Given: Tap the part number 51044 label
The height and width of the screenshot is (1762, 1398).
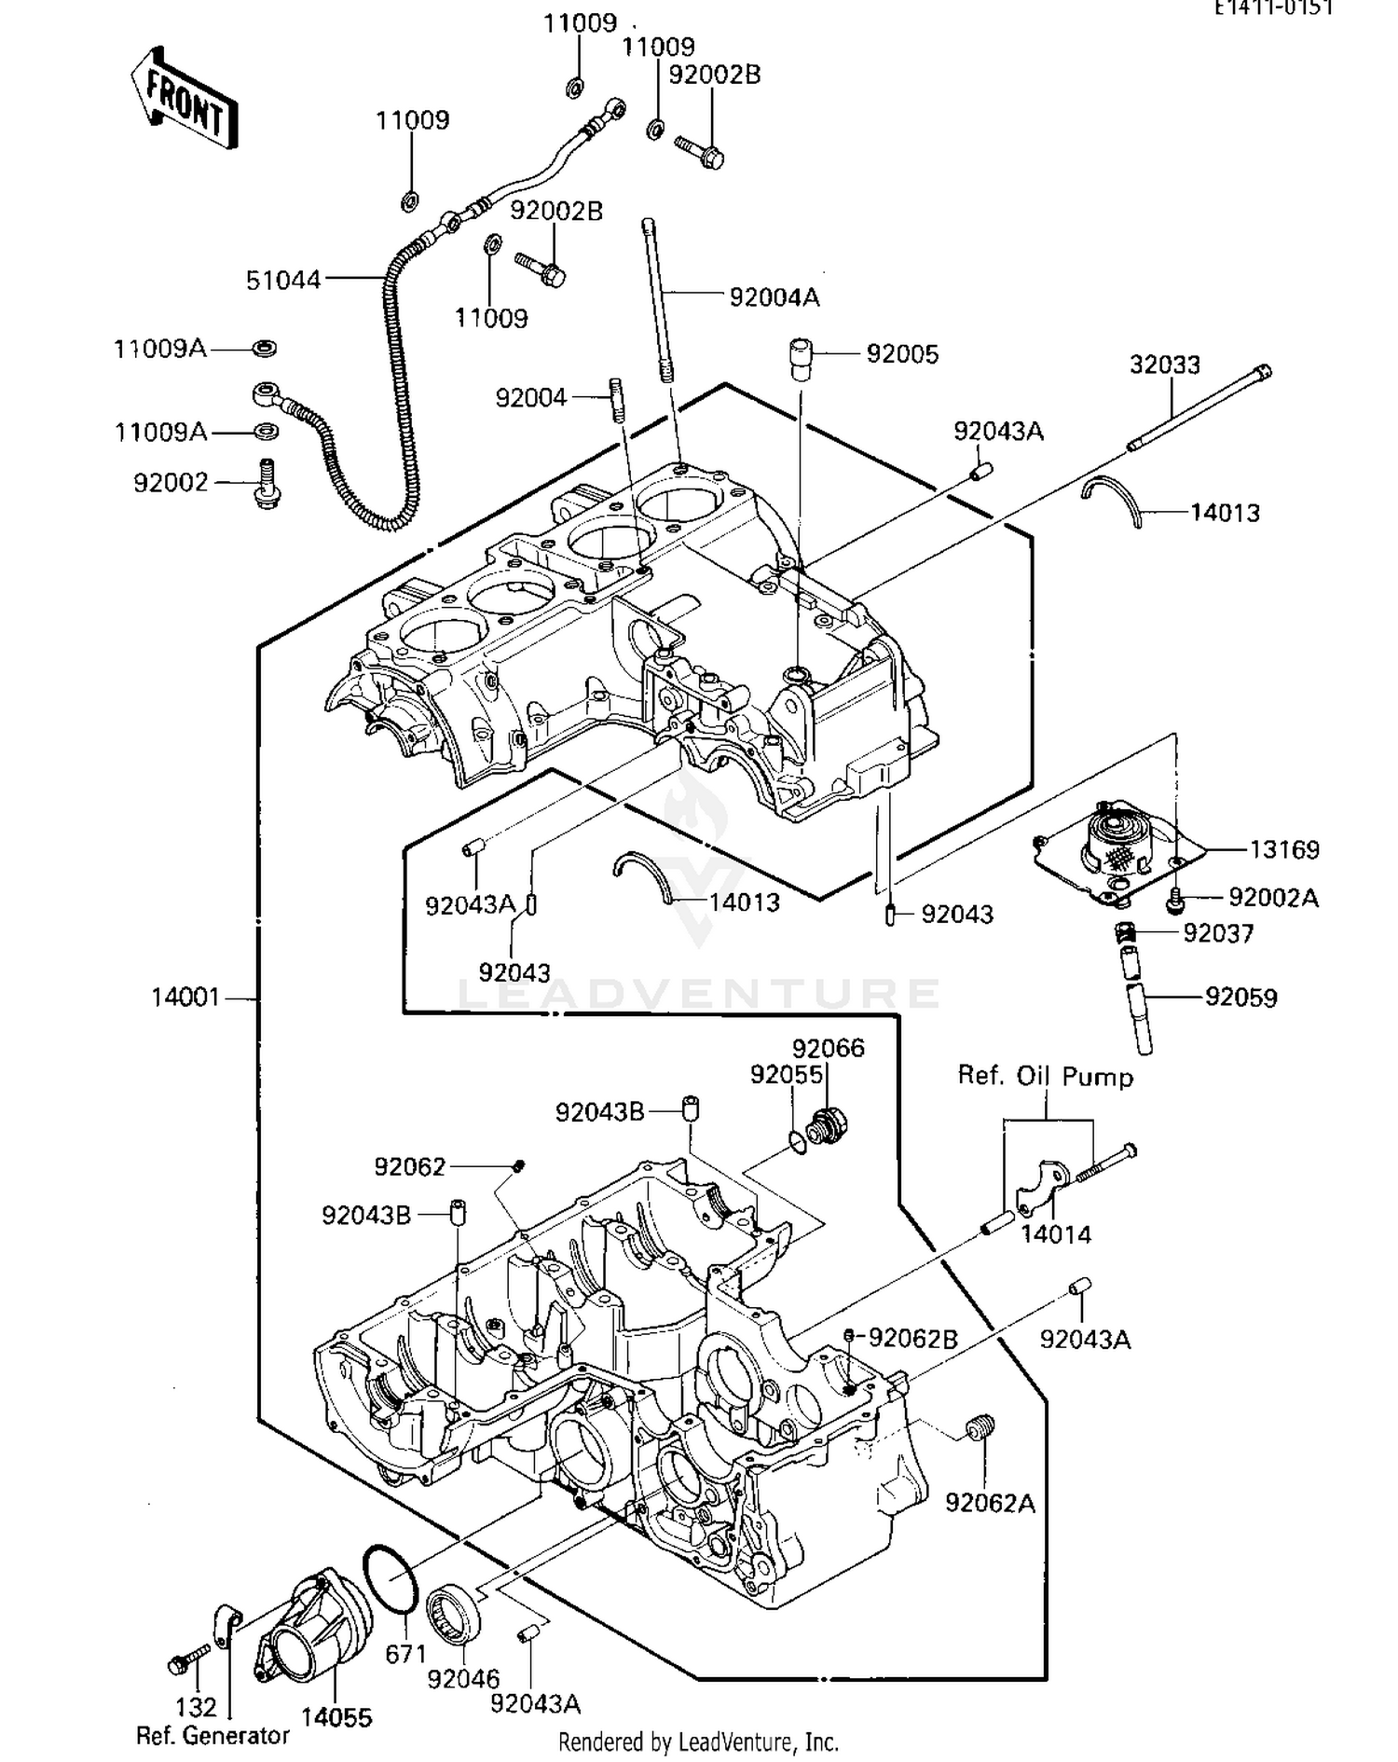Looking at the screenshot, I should pyautogui.click(x=282, y=280).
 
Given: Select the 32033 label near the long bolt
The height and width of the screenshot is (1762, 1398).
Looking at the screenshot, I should pyautogui.click(x=1164, y=365).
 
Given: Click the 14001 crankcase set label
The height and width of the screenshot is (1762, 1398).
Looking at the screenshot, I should pyautogui.click(x=185, y=998).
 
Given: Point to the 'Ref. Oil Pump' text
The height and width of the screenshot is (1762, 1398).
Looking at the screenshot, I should pyautogui.click(x=1045, y=1077).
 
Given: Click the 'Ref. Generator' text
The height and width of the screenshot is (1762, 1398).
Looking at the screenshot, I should pyautogui.click(x=212, y=1735).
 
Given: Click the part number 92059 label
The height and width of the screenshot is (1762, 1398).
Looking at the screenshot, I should pyautogui.click(x=1240, y=998).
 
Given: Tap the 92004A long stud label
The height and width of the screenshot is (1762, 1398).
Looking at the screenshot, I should pyautogui.click(x=774, y=297).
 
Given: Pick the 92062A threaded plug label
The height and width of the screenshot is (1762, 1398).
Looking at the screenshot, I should pyautogui.click(x=990, y=1503).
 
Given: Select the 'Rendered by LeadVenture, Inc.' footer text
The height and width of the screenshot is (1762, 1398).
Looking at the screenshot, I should pyautogui.click(x=698, y=1741).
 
